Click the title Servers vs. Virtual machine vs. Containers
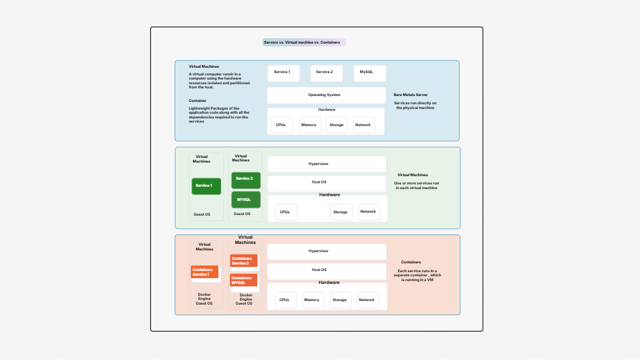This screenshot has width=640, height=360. [x=304, y=42]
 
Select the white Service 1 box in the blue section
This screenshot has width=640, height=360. [x=283, y=73]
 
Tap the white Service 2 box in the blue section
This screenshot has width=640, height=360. [x=326, y=73]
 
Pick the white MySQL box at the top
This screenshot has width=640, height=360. [x=369, y=73]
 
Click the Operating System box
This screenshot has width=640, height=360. [x=326, y=95]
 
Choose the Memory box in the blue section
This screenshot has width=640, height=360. [x=310, y=125]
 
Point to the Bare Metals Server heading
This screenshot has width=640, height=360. [x=410, y=95]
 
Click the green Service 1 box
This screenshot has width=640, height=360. [x=206, y=186]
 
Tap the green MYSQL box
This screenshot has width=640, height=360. [x=245, y=200]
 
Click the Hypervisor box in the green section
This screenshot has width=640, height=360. [x=326, y=164]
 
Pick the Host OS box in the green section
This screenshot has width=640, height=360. [x=326, y=183]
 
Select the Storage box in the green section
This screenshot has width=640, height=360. [x=341, y=212]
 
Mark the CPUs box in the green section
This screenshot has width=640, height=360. [x=286, y=212]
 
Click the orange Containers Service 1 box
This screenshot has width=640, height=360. [x=205, y=272]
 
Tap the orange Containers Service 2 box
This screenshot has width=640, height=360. [x=244, y=260]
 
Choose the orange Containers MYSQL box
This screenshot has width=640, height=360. [x=244, y=280]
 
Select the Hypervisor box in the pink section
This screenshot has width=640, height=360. [x=326, y=252]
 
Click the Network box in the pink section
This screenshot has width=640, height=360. [x=367, y=300]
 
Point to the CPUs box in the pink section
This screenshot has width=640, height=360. [x=285, y=300]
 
